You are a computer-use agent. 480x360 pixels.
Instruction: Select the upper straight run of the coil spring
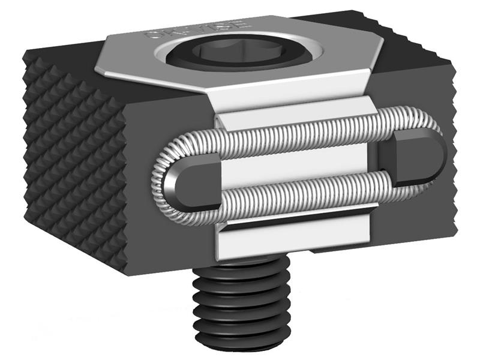pyautogui.click(x=300, y=136)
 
